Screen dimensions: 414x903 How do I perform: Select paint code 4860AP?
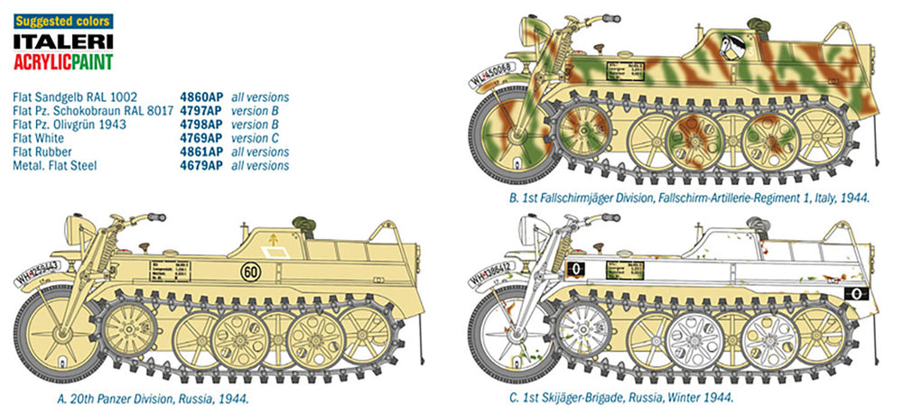point(200,97)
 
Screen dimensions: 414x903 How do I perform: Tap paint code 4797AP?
point(200,110)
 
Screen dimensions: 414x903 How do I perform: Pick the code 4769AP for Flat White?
point(200,138)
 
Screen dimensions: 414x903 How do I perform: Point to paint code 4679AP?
point(200,166)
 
